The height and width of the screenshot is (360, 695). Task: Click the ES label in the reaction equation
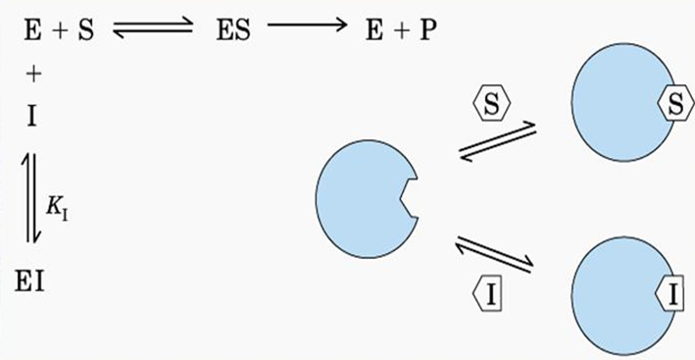pos(233,31)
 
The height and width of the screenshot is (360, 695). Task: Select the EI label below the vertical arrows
pos(29,283)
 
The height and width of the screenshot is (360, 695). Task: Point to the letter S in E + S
pos(86,31)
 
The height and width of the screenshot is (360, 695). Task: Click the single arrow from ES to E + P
pos(307,24)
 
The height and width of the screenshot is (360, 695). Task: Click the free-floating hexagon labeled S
pos(491,103)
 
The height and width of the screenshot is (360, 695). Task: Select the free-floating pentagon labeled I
pos(487,295)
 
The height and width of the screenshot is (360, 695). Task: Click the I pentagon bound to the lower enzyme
pos(670,294)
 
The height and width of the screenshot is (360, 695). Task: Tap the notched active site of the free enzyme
pos(408,198)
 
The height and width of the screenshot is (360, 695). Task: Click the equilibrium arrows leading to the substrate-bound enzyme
pos(497,142)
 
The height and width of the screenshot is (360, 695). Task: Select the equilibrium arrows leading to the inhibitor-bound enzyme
pos(494,254)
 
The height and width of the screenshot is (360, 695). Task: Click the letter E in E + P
pos(374,31)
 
